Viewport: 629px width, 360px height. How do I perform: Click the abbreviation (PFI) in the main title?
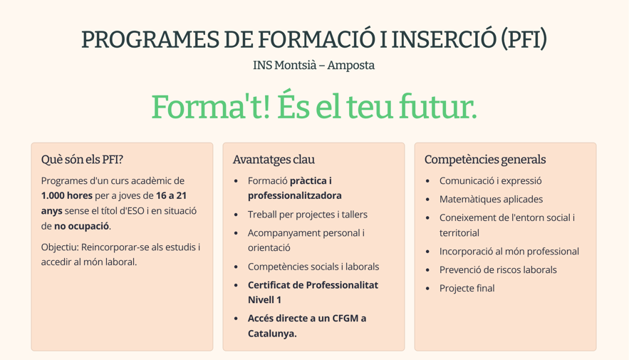pyautogui.click(x=524, y=39)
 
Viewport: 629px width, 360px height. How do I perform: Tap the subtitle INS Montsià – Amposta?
pyautogui.click(x=313, y=65)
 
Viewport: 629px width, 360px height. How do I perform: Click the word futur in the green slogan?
pyautogui.click(x=438, y=106)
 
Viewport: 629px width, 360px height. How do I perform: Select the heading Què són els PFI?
pyautogui.click(x=82, y=160)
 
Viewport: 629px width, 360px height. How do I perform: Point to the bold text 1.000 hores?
pyautogui.click(x=66, y=195)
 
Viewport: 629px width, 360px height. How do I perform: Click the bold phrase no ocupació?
pyautogui.click(x=81, y=226)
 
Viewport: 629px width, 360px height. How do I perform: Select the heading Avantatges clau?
pyautogui.click(x=274, y=160)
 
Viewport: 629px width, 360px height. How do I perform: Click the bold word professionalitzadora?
pyautogui.click(x=295, y=195)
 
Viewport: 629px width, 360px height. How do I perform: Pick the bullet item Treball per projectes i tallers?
pyautogui.click(x=308, y=215)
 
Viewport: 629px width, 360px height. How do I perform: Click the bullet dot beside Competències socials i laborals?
pyautogui.click(x=236, y=267)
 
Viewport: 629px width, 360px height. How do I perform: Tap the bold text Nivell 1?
pyautogui.click(x=264, y=300)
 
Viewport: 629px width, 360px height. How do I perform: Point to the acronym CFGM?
pyautogui.click(x=345, y=318)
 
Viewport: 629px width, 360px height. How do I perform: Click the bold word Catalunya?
pyautogui.click(x=272, y=334)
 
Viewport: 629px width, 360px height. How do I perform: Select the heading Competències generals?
pyautogui.click(x=485, y=160)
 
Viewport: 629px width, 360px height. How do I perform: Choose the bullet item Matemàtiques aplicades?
pyautogui.click(x=491, y=199)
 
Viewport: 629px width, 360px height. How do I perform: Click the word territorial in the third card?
pyautogui.click(x=459, y=233)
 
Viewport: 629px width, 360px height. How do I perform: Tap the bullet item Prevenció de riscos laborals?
pyautogui.click(x=498, y=269)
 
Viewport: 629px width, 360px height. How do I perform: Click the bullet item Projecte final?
pyautogui.click(x=467, y=288)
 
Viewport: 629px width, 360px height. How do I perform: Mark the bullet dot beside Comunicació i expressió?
pyautogui.click(x=427, y=181)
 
